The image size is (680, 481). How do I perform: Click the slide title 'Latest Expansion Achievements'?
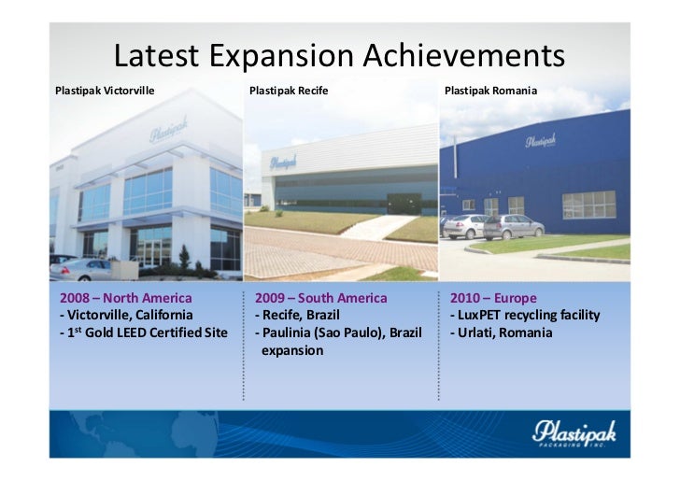click(339, 57)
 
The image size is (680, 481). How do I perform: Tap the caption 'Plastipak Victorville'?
click(105, 92)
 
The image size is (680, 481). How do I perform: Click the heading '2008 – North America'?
click(125, 298)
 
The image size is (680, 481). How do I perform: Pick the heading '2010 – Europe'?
click(493, 298)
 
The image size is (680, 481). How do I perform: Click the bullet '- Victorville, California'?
click(126, 315)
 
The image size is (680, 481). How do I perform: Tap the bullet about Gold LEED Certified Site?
click(143, 332)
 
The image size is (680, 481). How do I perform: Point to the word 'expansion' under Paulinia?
click(292, 350)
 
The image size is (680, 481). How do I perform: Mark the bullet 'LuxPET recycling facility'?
click(524, 315)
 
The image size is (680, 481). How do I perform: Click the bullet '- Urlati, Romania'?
click(501, 332)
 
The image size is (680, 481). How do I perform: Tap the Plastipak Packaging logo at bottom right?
click(569, 433)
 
